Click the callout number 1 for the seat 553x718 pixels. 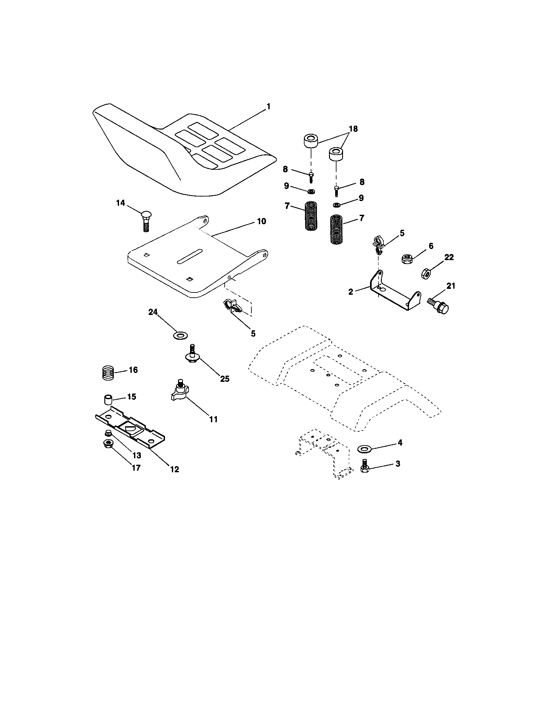(x=268, y=106)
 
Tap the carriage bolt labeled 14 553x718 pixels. (x=146, y=221)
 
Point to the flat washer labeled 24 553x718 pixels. (x=180, y=336)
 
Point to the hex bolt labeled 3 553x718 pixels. (x=365, y=466)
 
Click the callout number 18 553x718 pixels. (x=353, y=129)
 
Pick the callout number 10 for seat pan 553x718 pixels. (x=261, y=221)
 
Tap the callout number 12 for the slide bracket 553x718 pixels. (x=174, y=469)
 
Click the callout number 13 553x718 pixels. (x=136, y=455)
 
